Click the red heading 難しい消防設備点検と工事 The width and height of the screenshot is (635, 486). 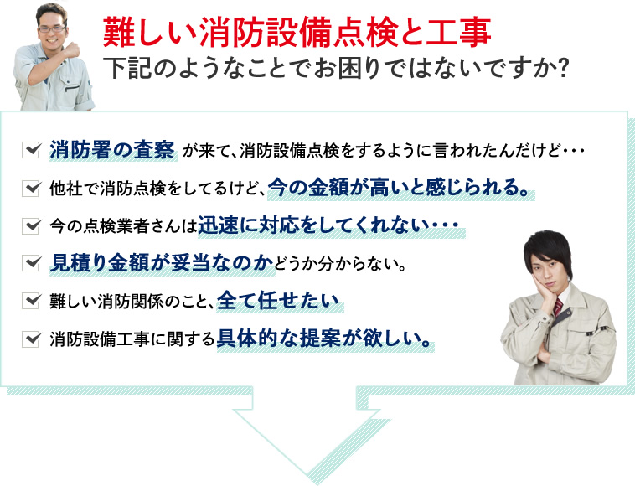pos(297,33)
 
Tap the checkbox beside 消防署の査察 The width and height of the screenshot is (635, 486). pos(31,150)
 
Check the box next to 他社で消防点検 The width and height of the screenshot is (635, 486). pos(31,188)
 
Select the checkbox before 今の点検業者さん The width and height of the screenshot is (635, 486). pos(31,225)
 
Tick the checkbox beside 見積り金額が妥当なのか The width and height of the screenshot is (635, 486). pos(31,263)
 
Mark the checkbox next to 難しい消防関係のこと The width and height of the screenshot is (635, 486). pos(31,301)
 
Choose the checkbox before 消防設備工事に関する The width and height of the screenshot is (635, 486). pos(31,339)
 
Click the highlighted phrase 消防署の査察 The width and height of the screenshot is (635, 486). pos(112,150)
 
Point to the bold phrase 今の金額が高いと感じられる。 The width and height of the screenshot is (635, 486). pos(400,188)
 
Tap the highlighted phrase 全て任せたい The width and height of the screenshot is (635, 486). pos(278,301)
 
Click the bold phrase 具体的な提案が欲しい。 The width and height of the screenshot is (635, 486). pos(323,339)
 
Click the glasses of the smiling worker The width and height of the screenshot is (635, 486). pos(51,29)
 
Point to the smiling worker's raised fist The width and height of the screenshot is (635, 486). pos(72,49)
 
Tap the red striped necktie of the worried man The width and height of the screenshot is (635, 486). pos(558,307)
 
